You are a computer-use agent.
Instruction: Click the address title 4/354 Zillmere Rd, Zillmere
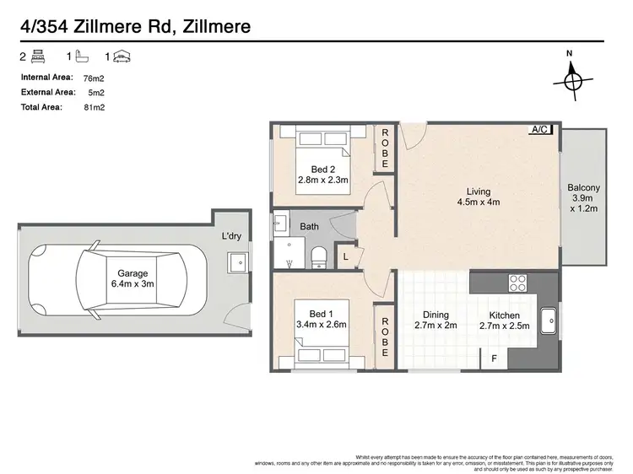tap(135, 28)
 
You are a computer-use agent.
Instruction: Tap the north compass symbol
tap(571, 80)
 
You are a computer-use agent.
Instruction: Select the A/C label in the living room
tap(540, 129)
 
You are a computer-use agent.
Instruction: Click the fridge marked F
tap(494, 358)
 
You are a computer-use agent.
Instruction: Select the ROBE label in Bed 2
tap(385, 148)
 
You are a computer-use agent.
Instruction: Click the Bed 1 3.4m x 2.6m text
tap(322, 318)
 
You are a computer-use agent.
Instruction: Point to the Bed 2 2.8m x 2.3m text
tap(323, 173)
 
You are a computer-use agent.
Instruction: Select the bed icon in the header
tap(37, 57)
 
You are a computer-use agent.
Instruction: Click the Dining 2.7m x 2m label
tap(435, 320)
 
